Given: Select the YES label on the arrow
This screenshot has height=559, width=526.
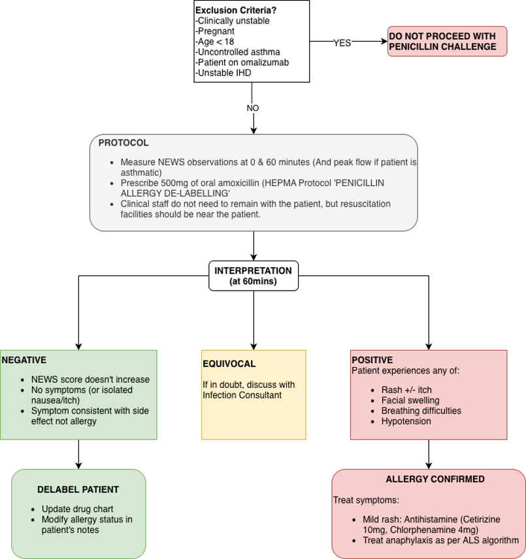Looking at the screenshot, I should tap(342, 43).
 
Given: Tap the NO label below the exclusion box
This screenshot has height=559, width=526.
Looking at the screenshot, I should tap(252, 108).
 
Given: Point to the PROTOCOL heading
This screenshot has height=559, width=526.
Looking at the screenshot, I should tap(123, 143).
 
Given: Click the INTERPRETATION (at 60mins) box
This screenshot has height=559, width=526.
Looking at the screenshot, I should tap(253, 276).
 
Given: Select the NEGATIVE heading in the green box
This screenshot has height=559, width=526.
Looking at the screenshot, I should tap(24, 360).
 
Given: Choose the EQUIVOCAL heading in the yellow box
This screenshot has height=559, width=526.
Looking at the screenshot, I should tap(229, 364).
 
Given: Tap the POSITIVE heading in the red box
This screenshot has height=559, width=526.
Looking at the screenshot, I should tap(372, 360).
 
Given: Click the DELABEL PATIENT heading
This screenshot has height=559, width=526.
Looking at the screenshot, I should tap(78, 489).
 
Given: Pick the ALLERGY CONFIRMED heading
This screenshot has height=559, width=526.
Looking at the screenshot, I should tap(435, 479).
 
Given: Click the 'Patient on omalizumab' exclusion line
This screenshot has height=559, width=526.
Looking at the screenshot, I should tap(242, 63).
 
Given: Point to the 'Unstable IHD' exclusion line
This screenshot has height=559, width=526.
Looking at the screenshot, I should tap(223, 73).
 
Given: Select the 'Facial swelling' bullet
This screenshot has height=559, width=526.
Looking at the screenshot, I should tap(410, 400).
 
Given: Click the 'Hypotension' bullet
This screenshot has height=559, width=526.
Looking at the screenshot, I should tap(406, 421).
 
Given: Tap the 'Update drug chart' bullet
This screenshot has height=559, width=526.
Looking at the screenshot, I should tap(77, 509).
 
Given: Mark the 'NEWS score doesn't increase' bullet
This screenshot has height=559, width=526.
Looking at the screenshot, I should tap(90, 379).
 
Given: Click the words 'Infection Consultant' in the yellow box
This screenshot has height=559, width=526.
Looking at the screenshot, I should tap(242, 395).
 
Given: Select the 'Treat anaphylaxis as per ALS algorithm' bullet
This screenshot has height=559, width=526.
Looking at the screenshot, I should tap(441, 540).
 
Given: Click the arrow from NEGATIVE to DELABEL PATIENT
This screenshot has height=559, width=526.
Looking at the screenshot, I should tap(78, 455).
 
